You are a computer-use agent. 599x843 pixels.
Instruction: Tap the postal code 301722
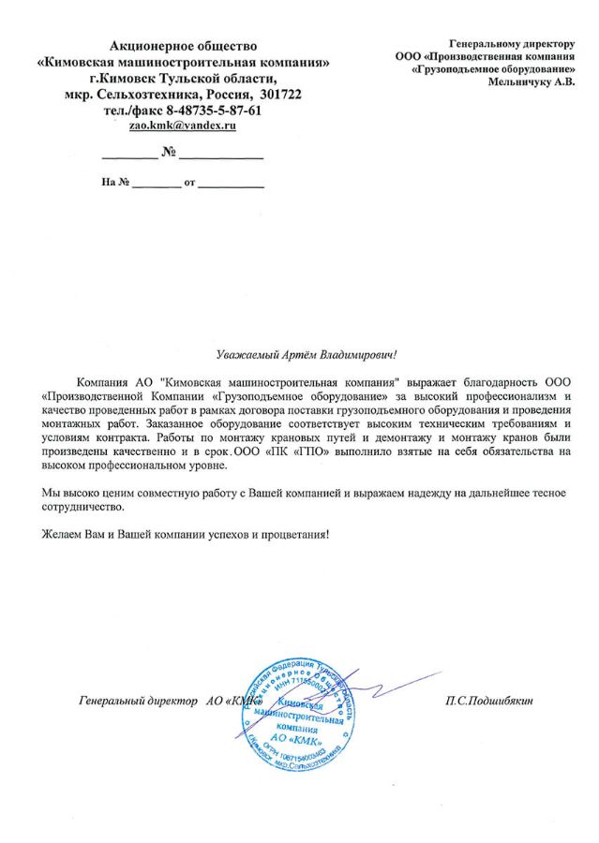pyautogui.click(x=278, y=96)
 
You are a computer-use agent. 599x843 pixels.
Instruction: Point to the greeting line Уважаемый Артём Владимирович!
pyautogui.click(x=306, y=355)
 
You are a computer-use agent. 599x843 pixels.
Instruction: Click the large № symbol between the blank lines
pyautogui.click(x=170, y=152)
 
